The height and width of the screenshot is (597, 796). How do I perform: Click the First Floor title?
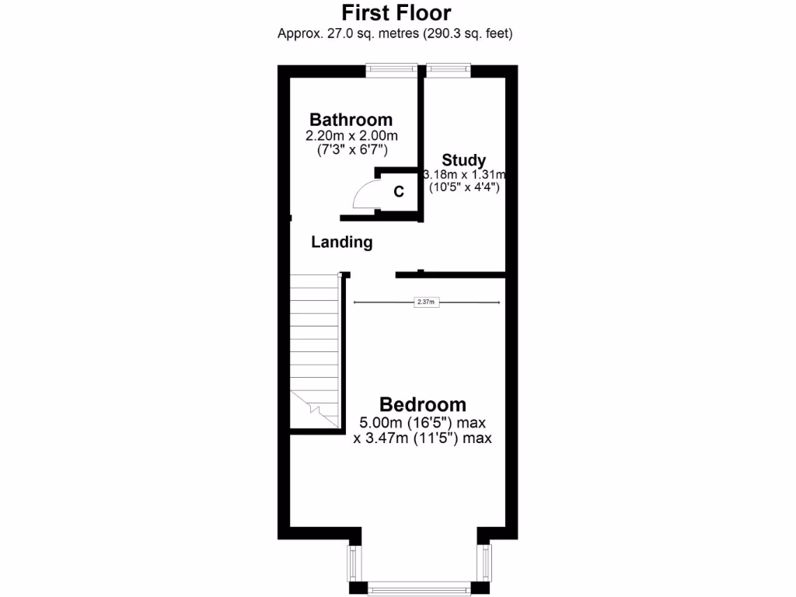pos(396,13)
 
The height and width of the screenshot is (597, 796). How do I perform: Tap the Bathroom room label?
pos(351,120)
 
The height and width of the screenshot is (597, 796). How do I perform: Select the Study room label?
pos(464,161)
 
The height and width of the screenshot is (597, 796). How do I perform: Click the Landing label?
pos(341,243)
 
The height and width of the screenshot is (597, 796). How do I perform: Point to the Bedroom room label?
pos(422,405)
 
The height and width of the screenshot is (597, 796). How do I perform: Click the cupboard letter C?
pos(399,192)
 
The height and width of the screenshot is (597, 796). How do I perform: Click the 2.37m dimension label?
pos(426,302)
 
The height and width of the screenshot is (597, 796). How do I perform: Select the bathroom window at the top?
pos(393,70)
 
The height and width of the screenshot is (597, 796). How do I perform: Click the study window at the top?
pos(449,70)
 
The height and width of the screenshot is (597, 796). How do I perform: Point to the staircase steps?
pos(316,342)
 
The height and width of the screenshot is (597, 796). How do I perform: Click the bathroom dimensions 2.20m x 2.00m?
pos(351,135)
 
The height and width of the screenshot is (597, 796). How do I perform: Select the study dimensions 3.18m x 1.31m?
pos(464,174)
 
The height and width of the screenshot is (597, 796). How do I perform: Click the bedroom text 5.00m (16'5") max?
pos(422,424)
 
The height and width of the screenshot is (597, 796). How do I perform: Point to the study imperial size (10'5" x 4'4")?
pos(464,187)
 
